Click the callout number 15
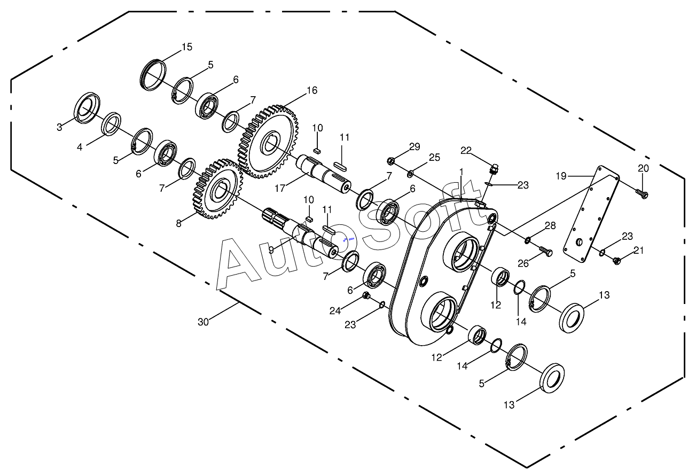point(187,47)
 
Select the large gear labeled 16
point(269,142)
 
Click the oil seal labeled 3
point(87,108)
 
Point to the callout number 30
point(203,322)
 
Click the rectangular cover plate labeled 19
point(592,214)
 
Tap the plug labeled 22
point(493,169)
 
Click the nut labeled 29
point(391,161)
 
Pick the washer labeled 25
point(410,174)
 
